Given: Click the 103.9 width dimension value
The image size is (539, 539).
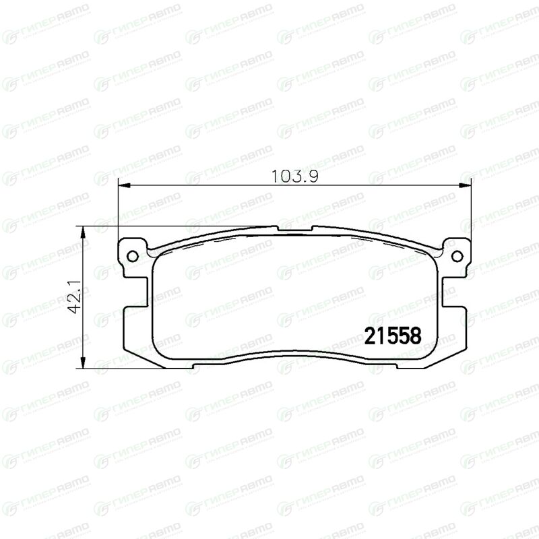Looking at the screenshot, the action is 294,177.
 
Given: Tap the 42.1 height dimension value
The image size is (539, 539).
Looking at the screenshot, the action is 74,296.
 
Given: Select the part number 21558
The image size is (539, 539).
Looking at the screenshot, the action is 393,336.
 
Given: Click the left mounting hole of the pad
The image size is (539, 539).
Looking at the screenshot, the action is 132,256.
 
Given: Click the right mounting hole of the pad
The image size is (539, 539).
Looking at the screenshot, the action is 457,256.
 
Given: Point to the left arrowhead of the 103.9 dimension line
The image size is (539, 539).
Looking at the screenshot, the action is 124,186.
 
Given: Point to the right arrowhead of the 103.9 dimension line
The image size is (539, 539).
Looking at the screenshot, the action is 465,186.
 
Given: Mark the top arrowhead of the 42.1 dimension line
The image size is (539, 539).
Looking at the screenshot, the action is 82,232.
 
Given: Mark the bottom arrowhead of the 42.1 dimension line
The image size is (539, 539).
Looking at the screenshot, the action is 82,363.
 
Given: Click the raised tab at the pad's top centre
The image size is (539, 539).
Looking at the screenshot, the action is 294,228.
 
